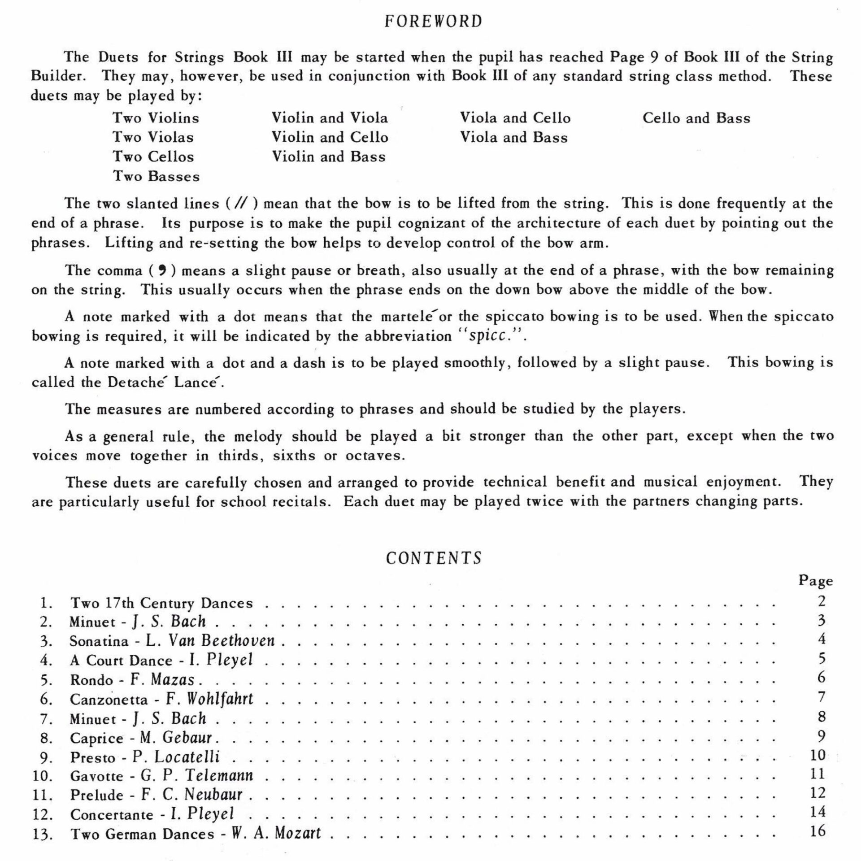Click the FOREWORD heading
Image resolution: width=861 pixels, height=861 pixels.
click(433, 22)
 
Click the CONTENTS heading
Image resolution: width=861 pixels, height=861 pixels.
click(434, 558)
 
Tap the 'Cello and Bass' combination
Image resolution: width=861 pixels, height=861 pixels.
click(696, 118)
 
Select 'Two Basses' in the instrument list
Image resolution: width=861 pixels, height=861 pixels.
click(156, 176)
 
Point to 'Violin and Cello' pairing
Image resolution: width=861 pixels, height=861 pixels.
click(330, 137)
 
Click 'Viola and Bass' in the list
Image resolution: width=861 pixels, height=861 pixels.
click(513, 137)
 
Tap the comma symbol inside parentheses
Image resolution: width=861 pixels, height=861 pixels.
click(163, 270)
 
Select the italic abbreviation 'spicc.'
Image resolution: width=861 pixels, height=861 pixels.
click(490, 336)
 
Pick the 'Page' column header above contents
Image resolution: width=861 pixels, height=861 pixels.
click(815, 581)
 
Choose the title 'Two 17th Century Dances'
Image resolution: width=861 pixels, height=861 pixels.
click(161, 603)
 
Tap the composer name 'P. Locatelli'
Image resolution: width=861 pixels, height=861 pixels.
click(176, 757)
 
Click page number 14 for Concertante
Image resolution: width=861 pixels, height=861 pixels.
click(818, 812)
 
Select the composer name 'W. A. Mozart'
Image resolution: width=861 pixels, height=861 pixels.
click(276, 833)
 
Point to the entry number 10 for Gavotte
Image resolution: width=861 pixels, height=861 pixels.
click(42, 776)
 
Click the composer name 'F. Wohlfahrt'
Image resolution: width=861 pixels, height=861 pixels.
click(209, 699)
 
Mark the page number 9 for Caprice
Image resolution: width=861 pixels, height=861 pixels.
click(821, 736)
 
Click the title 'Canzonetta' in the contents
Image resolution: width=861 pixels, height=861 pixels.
click(109, 700)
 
